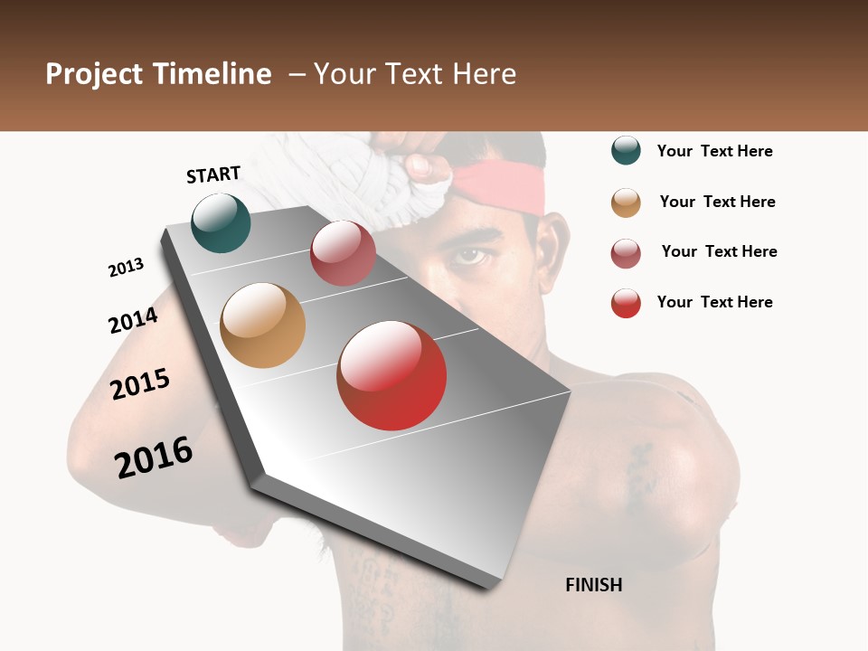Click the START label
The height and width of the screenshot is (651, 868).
[213, 175]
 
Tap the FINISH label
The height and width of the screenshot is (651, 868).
[593, 585]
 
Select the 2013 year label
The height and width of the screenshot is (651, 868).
[126, 268]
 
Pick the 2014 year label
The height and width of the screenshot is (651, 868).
[133, 320]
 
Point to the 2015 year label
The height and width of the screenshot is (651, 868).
[140, 383]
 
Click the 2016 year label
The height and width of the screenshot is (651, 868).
[154, 458]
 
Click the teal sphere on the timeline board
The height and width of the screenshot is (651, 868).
[221, 222]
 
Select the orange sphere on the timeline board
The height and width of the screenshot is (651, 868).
[262, 325]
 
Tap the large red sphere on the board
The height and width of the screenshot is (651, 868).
[392, 375]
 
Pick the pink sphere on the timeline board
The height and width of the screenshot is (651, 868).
[343, 253]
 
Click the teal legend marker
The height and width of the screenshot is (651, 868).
[626, 150]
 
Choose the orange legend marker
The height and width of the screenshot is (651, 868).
[626, 203]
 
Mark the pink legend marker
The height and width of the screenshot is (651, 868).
[626, 253]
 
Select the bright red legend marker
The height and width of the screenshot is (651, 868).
[626, 303]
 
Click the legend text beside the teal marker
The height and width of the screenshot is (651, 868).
[714, 151]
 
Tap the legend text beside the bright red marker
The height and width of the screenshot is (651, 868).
[714, 302]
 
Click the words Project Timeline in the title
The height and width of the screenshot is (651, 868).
[158, 74]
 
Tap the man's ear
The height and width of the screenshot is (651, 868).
[550, 249]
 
